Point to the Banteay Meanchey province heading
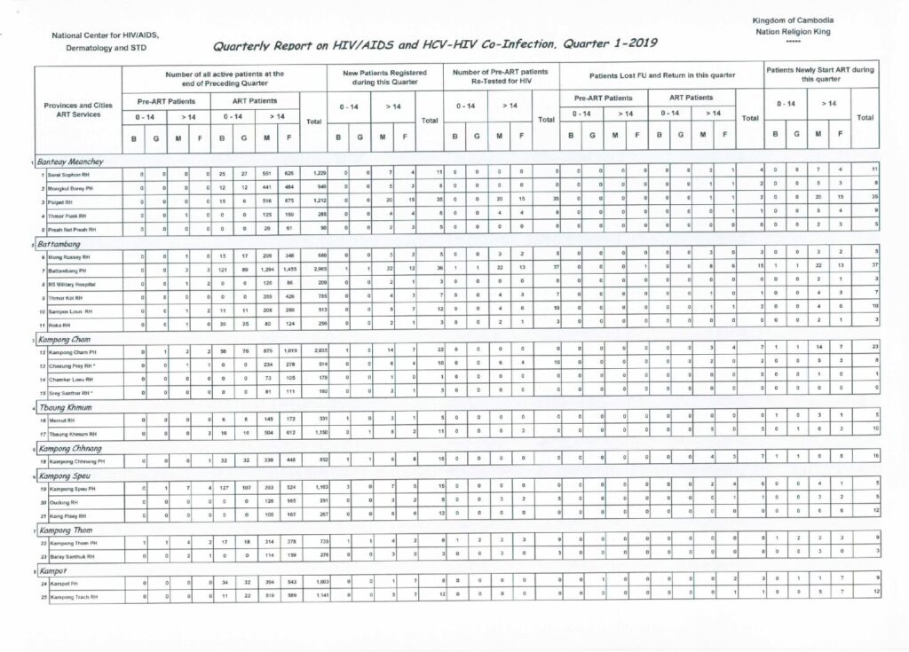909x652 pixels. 72,162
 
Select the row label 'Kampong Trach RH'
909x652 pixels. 74,593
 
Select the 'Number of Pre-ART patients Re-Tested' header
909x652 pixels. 500,76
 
